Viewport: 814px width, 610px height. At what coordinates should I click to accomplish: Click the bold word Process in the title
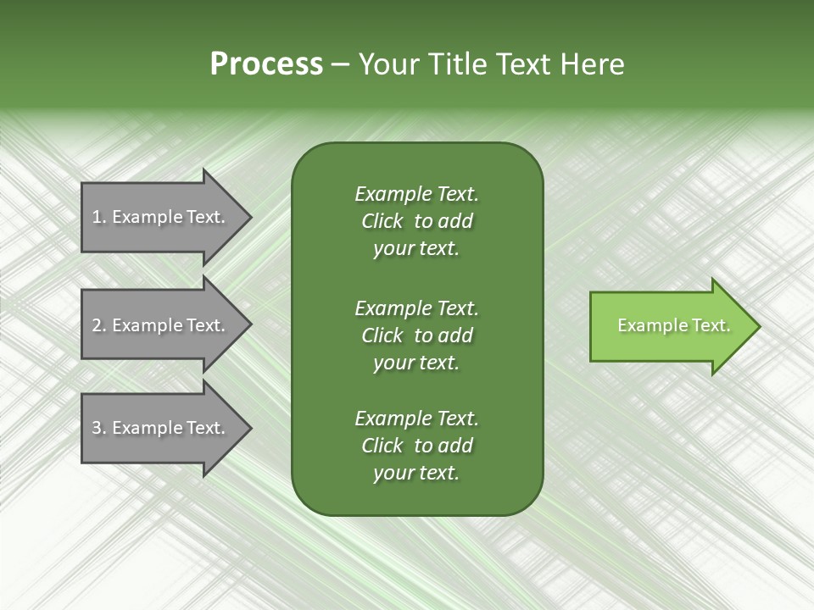point(266,64)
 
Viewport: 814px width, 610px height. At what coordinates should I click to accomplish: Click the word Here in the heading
point(593,64)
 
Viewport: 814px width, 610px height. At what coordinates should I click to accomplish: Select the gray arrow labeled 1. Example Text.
point(161,217)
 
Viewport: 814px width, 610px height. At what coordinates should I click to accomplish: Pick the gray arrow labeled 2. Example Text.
point(161,325)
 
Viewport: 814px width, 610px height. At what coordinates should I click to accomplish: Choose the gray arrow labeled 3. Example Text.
point(161,428)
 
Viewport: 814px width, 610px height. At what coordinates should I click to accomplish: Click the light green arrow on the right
point(670,326)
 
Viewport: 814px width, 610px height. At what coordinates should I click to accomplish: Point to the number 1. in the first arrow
point(99,217)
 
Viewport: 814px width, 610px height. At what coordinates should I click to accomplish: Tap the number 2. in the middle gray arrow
point(99,325)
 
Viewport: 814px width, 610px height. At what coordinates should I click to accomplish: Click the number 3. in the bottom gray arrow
point(99,428)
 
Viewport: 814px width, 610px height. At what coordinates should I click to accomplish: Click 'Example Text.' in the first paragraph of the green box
point(416,194)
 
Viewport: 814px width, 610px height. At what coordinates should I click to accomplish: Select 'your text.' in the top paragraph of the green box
point(416,249)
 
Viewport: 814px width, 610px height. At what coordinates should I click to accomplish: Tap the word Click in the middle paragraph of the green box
point(382,335)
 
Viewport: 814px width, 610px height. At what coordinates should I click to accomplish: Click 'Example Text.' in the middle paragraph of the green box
point(416,308)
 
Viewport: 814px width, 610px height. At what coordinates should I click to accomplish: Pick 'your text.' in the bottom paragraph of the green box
point(416,474)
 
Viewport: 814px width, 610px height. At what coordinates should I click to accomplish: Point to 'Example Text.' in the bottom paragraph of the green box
point(416,419)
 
